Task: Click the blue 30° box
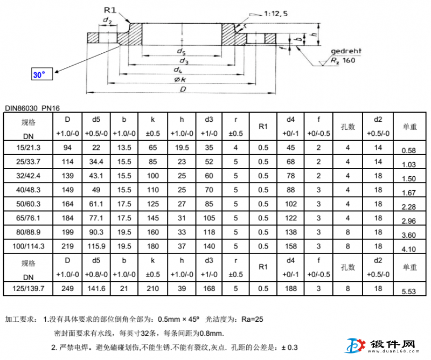pyautogui.click(x=41, y=75)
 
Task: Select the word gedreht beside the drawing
pyautogui.click(x=347, y=51)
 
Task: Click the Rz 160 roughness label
pyautogui.click(x=343, y=60)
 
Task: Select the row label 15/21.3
pyautogui.click(x=28, y=147)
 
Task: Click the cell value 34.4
pyautogui.click(x=96, y=161)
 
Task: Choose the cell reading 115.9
pyautogui.click(x=96, y=246)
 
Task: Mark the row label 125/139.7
pyautogui.click(x=28, y=288)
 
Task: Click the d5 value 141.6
pyautogui.click(x=96, y=288)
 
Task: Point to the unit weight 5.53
pyautogui.click(x=409, y=291)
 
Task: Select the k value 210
pyautogui.click(x=153, y=288)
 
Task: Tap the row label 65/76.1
pyautogui.click(x=28, y=218)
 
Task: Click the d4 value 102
pyautogui.click(x=291, y=204)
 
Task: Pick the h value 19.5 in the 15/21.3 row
pyautogui.click(x=182, y=147)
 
